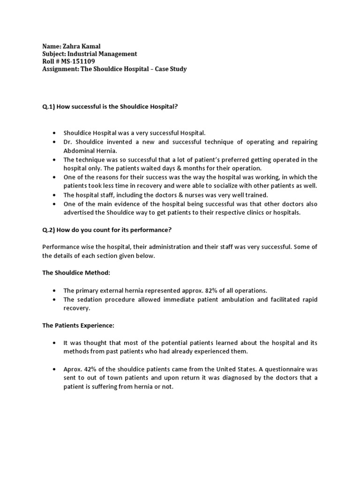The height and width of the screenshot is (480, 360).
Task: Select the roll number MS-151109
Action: [80, 61]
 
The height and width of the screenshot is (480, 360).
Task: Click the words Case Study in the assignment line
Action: [171, 69]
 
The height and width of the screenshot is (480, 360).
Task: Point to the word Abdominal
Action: [79, 151]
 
